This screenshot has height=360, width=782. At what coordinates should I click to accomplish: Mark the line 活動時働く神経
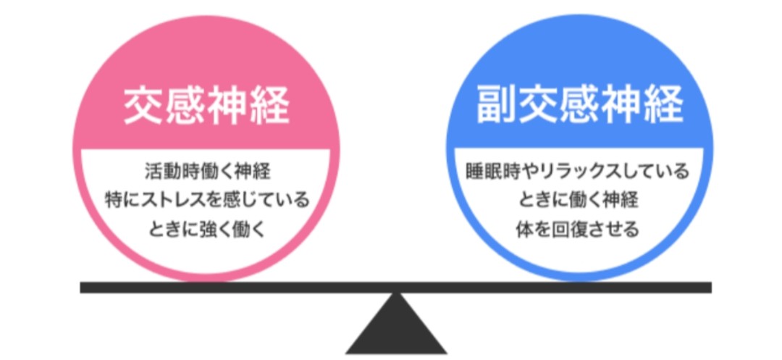(208, 172)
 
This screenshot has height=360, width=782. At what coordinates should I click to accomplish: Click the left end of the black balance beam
(84, 288)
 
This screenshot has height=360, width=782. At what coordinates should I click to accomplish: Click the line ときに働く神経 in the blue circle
(578, 200)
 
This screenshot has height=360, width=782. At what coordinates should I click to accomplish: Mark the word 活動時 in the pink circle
(168, 172)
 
